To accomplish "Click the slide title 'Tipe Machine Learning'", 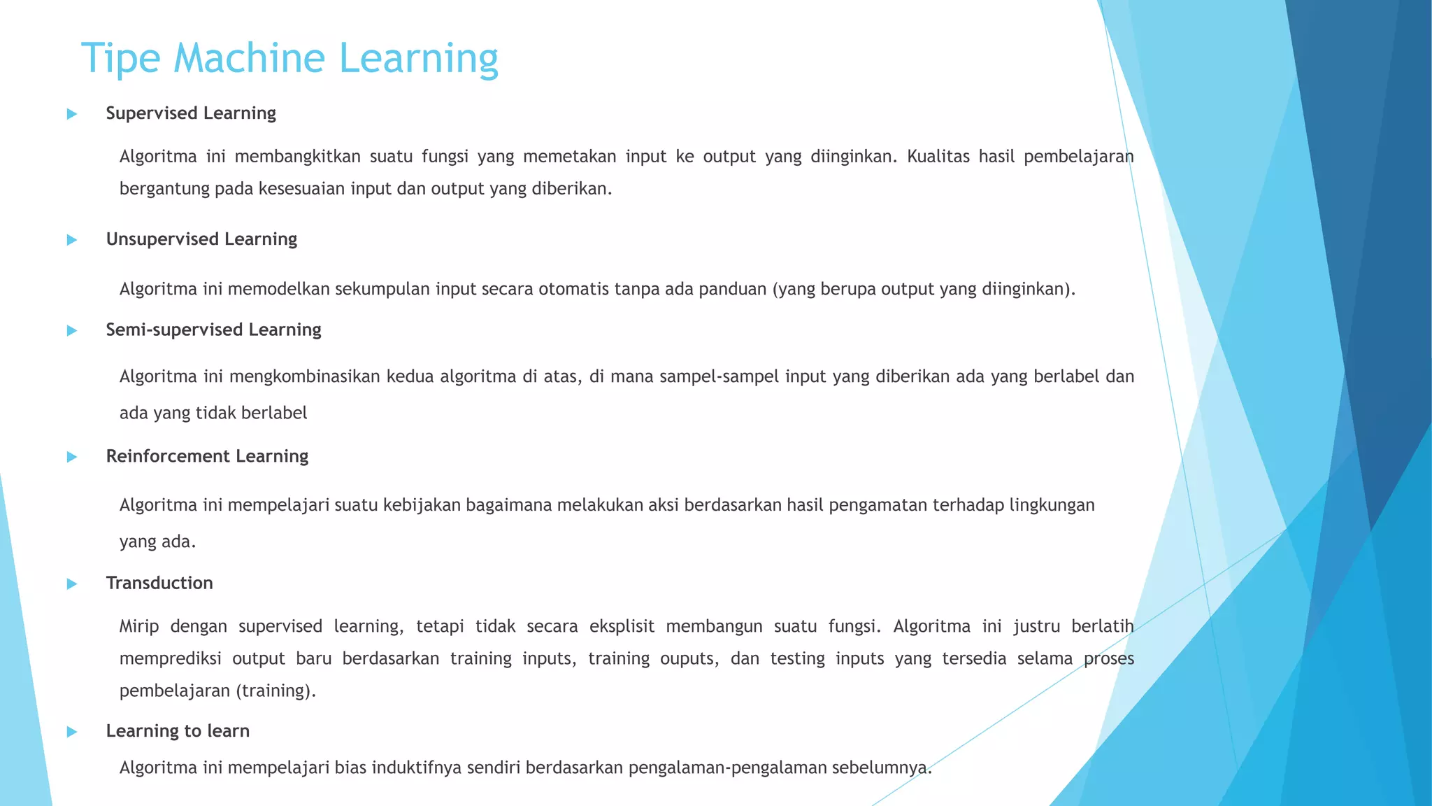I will [x=289, y=58].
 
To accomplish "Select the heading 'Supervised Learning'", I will [x=191, y=113].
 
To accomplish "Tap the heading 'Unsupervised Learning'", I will [x=201, y=239].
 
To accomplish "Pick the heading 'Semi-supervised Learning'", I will [x=213, y=330].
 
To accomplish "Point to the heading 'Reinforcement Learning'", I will [x=207, y=456].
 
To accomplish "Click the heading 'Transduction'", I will [x=159, y=583].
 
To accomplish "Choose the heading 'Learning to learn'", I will [x=178, y=731].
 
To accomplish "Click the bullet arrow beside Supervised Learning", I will [x=71, y=114].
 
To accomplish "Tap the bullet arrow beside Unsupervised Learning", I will [x=71, y=240].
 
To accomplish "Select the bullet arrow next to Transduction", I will [x=71, y=584].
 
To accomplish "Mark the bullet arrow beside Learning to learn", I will [x=71, y=732].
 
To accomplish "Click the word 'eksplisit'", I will [x=622, y=626].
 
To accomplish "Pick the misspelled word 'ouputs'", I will [x=689, y=659].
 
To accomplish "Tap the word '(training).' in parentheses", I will [x=276, y=691].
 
